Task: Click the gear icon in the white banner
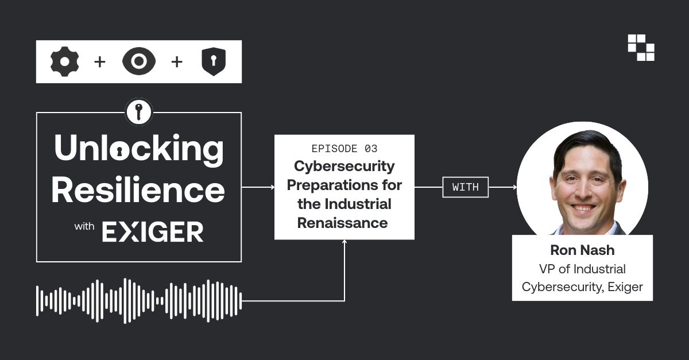[65, 61]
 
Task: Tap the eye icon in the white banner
[138, 61]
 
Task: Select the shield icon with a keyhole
[214, 61]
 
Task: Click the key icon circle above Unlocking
[138, 112]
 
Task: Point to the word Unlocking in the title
[138, 149]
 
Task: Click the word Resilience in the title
[138, 190]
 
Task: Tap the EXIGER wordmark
[153, 233]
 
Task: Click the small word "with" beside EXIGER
[84, 227]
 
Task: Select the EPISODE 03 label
[344, 149]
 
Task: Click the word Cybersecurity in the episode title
[344, 167]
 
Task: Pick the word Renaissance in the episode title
[343, 222]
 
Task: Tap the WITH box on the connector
[465, 187]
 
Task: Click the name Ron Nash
[582, 251]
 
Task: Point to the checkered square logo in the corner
[641, 47]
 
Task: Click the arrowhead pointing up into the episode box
[344, 242]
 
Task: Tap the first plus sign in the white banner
[100, 61]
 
